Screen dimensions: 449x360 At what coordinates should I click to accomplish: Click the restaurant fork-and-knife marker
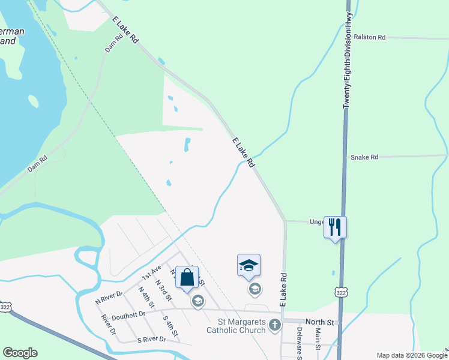(x=335, y=227)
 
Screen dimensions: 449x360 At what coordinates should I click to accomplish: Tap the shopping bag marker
(x=187, y=277)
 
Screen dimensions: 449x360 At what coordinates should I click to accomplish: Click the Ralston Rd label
(x=370, y=37)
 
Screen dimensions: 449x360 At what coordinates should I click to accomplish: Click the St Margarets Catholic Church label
(x=236, y=326)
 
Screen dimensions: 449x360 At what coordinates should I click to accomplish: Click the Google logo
(x=20, y=353)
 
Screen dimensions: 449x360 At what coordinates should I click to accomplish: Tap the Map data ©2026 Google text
(x=412, y=355)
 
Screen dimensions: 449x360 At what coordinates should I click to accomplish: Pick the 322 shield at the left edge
(x=5, y=307)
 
